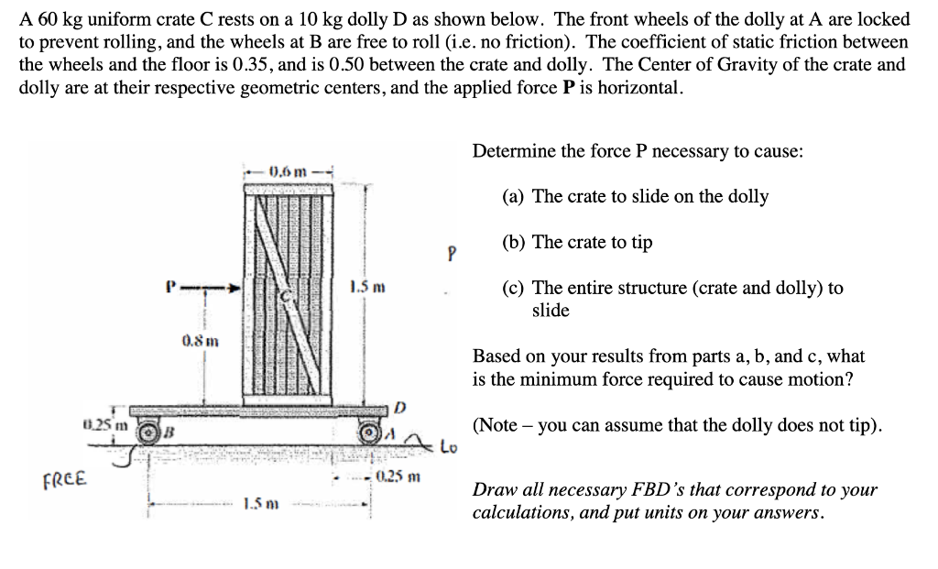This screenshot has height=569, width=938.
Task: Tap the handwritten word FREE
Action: (66, 478)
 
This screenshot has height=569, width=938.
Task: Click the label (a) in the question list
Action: (515, 196)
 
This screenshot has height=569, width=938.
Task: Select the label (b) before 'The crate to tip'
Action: (515, 242)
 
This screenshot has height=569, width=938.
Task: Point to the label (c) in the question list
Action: (515, 288)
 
